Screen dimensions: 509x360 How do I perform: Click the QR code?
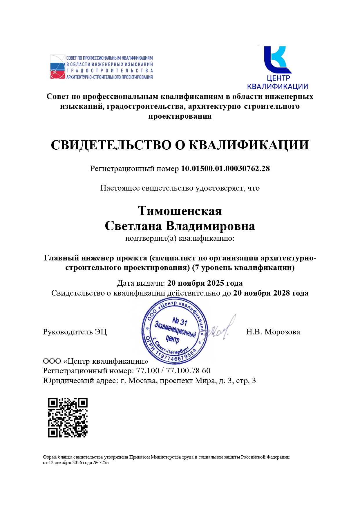(x=68, y=417)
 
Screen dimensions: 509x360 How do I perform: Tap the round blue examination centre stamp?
(x=175, y=331)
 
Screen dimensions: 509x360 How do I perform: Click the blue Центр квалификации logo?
(x=277, y=68)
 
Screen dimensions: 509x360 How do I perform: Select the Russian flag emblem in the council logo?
(x=57, y=67)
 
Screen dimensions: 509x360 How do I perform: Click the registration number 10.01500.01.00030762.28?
(x=225, y=169)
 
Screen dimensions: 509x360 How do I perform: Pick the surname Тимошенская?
(x=180, y=211)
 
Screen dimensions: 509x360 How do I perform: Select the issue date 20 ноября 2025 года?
(x=205, y=283)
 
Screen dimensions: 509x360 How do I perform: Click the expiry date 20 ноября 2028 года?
(x=271, y=293)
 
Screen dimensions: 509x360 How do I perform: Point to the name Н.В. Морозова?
(x=273, y=332)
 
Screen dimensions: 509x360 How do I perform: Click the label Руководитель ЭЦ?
(x=75, y=332)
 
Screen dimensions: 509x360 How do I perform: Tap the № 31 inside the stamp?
(x=180, y=321)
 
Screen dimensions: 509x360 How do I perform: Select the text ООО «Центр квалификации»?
(x=95, y=361)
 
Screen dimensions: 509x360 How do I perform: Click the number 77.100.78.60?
(x=188, y=371)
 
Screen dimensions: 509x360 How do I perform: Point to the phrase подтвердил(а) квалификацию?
(x=180, y=238)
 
